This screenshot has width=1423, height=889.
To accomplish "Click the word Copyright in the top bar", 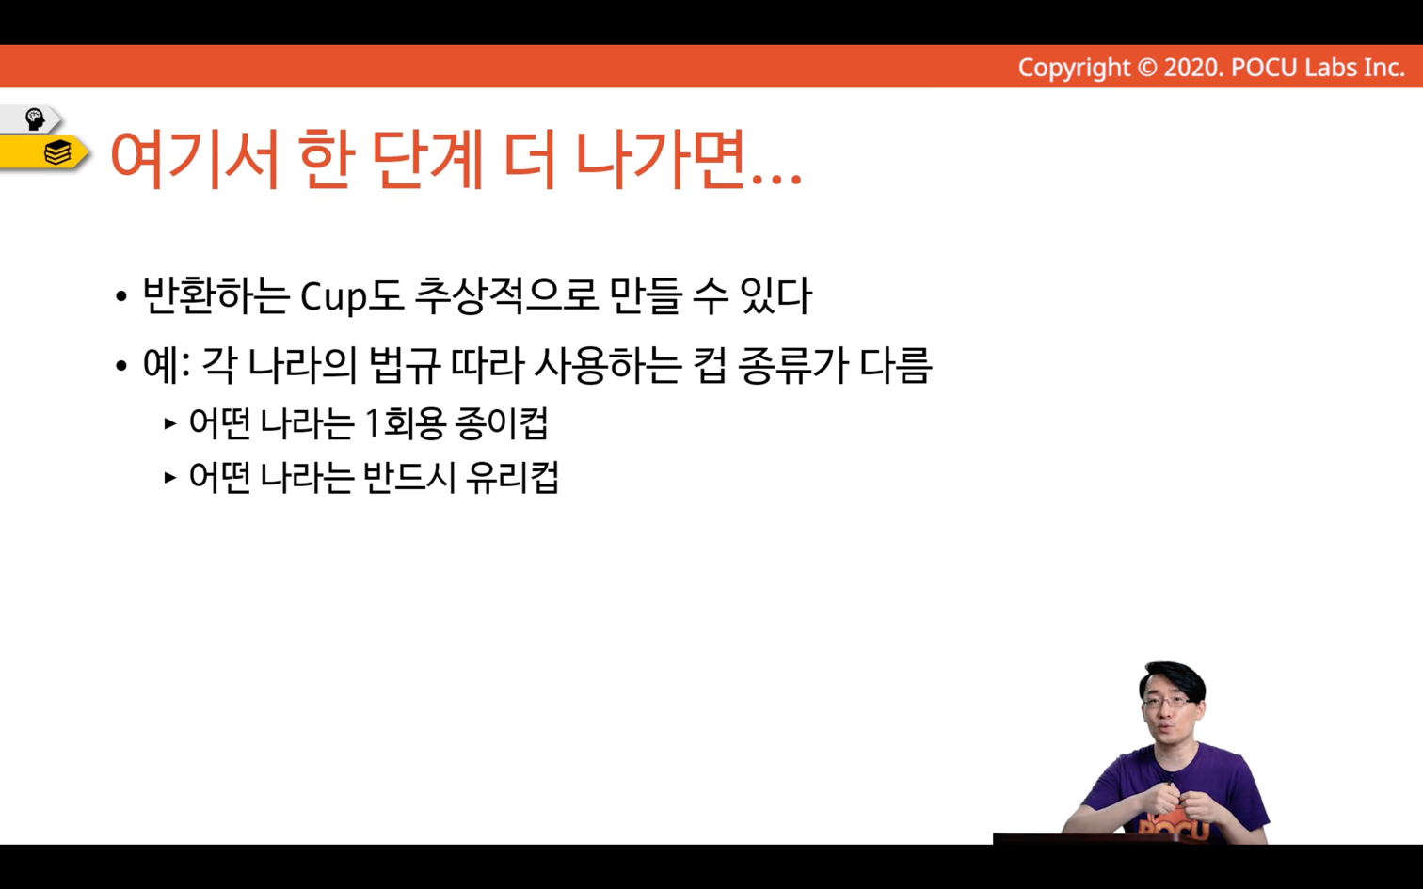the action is click(x=1074, y=68).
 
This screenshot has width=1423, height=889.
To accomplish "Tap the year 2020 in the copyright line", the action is click(x=1191, y=68).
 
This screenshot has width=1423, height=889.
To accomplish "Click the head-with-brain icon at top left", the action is click(x=35, y=119).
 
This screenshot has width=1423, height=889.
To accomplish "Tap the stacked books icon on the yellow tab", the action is click(x=57, y=152).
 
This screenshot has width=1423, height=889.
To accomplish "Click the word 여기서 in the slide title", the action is click(x=195, y=159).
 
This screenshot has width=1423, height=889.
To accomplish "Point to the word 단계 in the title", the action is click(x=427, y=159).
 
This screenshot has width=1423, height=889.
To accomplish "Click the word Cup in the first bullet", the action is click(x=333, y=296).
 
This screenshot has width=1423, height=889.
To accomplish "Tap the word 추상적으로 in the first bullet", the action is click(x=507, y=296).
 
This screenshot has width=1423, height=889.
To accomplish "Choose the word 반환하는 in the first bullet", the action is click(x=216, y=296).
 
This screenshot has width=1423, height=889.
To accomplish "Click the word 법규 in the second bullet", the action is click(x=405, y=365).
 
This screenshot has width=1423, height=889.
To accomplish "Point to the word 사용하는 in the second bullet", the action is click(x=608, y=365).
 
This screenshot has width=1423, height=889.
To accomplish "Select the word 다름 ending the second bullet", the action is click(x=896, y=365).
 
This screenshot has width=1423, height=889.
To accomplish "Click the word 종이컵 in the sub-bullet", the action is click(x=502, y=423).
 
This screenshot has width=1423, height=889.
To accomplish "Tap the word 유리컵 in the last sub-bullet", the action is click(x=512, y=478).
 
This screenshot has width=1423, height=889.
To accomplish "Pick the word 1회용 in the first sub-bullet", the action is click(x=405, y=423).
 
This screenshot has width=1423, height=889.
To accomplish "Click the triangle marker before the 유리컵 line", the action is click(x=169, y=478).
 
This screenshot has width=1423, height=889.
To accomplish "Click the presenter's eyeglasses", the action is click(x=1168, y=703).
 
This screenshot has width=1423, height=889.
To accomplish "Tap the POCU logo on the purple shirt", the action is click(x=1173, y=828).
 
